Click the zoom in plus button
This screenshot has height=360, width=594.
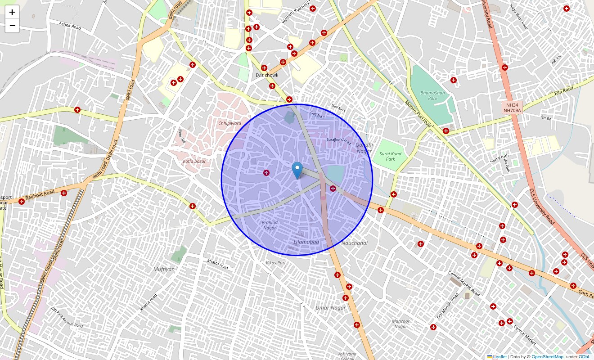pos(12,12)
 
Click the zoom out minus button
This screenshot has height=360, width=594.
pos(12,26)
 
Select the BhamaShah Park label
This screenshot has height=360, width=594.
pos(429,95)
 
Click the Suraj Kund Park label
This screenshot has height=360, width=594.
pos(390,156)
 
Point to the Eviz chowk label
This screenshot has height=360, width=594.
pos(267,75)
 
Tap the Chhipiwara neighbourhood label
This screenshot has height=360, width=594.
pos(229,123)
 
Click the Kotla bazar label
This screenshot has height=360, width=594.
pos(194,161)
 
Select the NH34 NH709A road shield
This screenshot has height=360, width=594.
pos(512,108)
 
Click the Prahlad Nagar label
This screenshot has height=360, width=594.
pos(270,225)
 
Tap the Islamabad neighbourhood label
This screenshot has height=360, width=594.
pos(306,242)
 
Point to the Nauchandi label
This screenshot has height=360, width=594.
pos(355,243)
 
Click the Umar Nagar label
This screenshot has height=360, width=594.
pos(331,308)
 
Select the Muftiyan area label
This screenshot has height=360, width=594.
pos(164,269)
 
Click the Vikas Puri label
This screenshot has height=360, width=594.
pos(276,262)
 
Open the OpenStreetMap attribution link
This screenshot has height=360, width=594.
pos(547,357)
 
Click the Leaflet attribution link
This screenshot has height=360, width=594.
pos(499,357)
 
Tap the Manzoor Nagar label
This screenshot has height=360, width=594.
pos(400,324)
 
